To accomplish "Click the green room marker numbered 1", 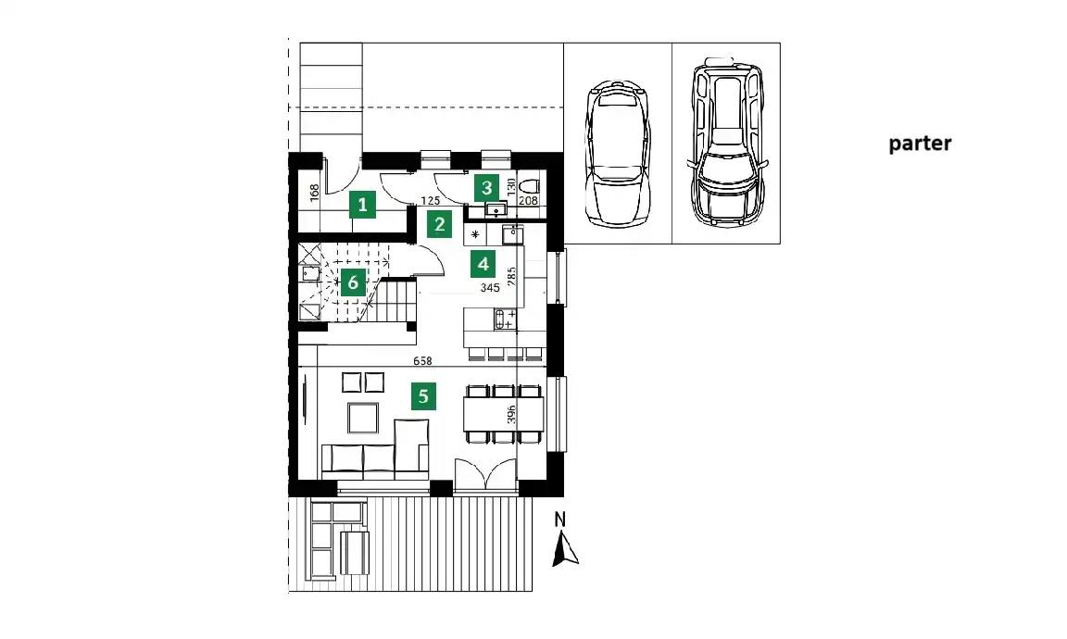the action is [x=363, y=204].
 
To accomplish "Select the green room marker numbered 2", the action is [x=440, y=224].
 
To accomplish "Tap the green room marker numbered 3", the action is [x=486, y=188].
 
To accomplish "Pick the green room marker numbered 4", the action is [x=483, y=264].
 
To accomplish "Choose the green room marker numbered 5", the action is [x=423, y=396].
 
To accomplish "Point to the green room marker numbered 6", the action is [x=353, y=282].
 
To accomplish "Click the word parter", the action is [x=920, y=144].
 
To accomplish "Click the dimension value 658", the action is [x=422, y=361].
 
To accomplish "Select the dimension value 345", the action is [x=490, y=288].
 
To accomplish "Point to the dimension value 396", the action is [x=511, y=415].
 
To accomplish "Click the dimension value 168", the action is [x=314, y=193].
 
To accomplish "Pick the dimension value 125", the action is [x=430, y=201].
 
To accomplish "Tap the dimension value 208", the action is [x=528, y=201].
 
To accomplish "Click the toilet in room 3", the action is [x=529, y=186].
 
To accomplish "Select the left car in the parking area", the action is [x=618, y=154].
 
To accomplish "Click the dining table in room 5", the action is [x=504, y=414].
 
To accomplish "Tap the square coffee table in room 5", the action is [x=363, y=418].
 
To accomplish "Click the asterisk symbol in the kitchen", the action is [x=475, y=235].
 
